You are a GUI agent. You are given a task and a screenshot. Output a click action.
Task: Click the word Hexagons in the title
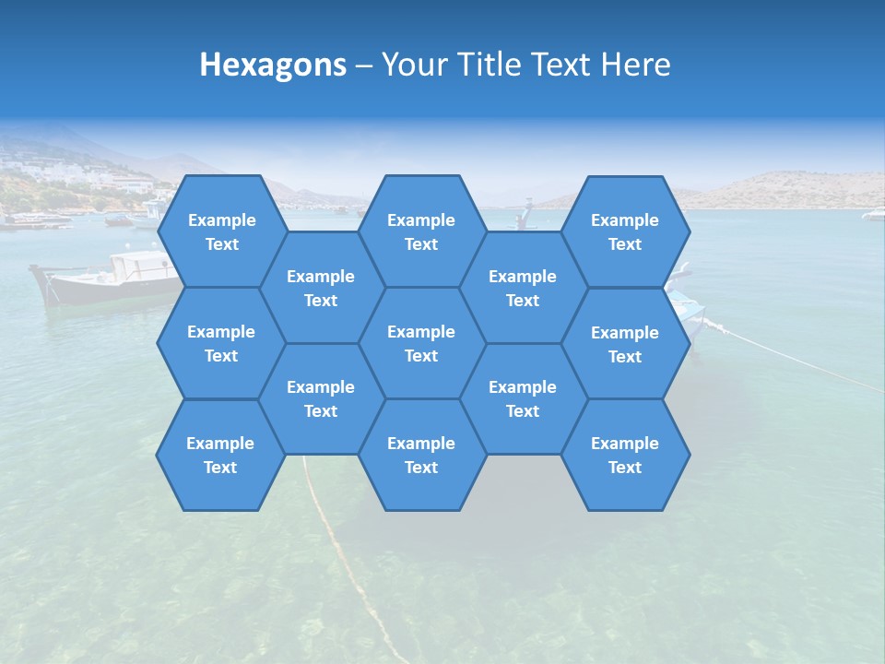point(273,65)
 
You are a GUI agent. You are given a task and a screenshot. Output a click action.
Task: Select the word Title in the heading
point(488,65)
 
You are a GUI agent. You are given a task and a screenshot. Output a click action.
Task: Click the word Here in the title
point(636,65)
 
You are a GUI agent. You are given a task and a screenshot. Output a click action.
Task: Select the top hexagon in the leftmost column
point(221,231)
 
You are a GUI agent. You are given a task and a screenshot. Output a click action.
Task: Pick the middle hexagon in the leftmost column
point(221,343)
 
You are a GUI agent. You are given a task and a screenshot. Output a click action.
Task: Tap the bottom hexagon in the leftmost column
point(220,455)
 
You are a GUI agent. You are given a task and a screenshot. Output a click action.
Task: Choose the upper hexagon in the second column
point(321,288)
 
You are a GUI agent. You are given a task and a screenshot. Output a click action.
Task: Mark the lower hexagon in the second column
point(321,398)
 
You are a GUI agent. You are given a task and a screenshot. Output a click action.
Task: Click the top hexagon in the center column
point(421,231)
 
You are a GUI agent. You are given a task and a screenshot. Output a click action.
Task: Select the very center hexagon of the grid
point(421,343)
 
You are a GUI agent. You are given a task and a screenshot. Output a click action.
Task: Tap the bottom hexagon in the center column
point(421,455)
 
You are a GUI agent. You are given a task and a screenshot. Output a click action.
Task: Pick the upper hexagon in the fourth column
point(523,288)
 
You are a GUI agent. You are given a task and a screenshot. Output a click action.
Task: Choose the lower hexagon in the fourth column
point(523,398)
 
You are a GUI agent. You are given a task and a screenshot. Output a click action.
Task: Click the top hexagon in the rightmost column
point(625,231)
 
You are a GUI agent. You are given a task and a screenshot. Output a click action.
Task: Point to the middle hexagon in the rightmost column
point(625,344)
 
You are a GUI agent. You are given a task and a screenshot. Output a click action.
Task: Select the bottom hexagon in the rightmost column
point(625,455)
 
